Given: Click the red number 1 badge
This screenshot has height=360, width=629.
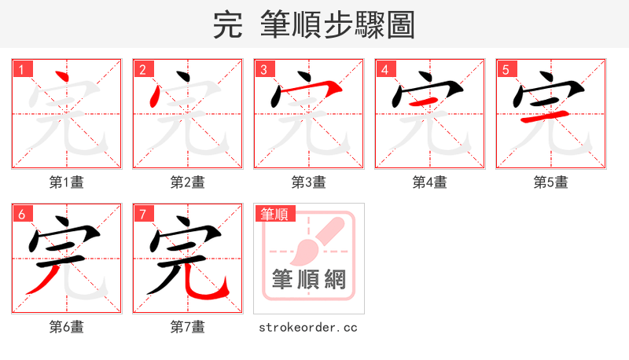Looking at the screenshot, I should click(x=21, y=69).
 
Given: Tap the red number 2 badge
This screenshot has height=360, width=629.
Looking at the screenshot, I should click(x=142, y=69).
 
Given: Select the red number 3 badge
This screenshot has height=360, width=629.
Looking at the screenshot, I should click(x=263, y=69).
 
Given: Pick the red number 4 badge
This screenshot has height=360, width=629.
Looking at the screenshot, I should click(x=384, y=69).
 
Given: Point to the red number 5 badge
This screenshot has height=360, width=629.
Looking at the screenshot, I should click(x=506, y=69).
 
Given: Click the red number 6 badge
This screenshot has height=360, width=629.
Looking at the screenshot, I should click(x=21, y=214).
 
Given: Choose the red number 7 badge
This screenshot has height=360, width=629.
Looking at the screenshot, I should click(x=142, y=214).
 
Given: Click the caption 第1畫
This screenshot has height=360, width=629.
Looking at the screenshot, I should click(x=67, y=182).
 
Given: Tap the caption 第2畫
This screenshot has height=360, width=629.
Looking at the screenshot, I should click(x=188, y=182).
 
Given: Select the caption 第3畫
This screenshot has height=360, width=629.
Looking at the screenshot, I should click(x=309, y=182).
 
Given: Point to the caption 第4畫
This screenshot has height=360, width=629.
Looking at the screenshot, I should click(x=430, y=182).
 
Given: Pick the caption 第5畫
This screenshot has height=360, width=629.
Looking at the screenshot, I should click(x=551, y=182).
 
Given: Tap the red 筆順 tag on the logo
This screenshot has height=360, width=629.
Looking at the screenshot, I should click(x=274, y=214).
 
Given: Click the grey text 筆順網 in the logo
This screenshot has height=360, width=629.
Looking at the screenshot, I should click(x=309, y=279).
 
